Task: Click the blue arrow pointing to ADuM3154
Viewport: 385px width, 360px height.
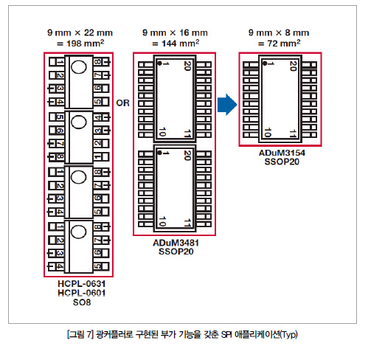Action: [227, 105]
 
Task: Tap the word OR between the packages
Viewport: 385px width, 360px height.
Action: [122, 103]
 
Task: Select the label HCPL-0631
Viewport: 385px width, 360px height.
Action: [82, 283]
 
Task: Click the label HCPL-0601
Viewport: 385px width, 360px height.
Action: [82, 293]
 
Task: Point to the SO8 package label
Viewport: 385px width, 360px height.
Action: [82, 302]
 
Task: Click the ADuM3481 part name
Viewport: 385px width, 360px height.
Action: [176, 243]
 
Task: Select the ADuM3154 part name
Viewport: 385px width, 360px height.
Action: [282, 153]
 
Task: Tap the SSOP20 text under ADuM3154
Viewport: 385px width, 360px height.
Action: [282, 162]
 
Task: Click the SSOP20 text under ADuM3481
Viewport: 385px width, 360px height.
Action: [176, 252]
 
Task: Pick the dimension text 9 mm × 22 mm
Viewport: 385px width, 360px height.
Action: [80, 32]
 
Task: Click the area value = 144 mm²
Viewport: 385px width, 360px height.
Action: [176, 44]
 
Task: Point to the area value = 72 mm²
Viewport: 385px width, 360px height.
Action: [279, 44]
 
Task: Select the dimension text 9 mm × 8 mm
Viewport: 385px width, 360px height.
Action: [279, 32]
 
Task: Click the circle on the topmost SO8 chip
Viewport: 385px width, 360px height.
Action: [79, 67]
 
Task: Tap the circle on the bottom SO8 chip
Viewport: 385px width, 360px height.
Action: [79, 232]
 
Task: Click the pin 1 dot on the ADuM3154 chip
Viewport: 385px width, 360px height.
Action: [265, 63]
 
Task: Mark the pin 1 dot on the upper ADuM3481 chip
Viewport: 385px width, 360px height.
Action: [159, 63]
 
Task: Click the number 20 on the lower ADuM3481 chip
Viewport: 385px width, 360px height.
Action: [187, 155]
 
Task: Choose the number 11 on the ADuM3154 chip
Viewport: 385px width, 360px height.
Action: [292, 134]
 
